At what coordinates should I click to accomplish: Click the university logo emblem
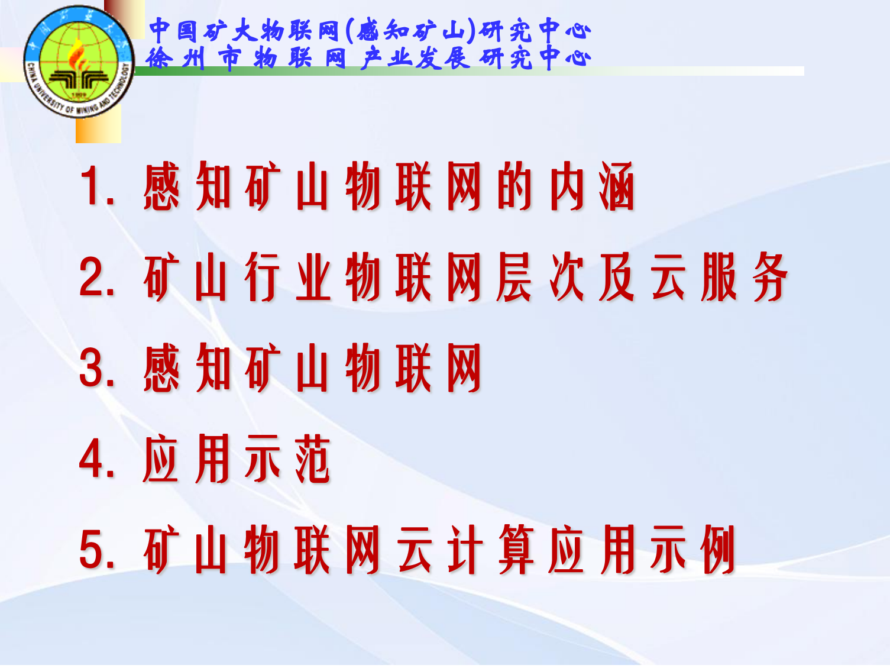[79, 62]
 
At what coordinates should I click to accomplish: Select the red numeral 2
[91, 277]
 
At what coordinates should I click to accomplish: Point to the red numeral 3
[91, 368]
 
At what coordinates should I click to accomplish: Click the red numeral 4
[91, 459]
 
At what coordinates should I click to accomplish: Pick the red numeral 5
[91, 550]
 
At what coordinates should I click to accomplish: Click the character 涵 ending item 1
[617, 186]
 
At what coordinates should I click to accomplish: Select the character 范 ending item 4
[313, 459]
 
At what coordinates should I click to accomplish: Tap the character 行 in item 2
[262, 277]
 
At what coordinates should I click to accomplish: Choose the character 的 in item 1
[514, 186]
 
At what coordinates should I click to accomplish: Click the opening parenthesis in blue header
[348, 31]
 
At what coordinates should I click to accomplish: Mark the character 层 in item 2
[514, 277]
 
